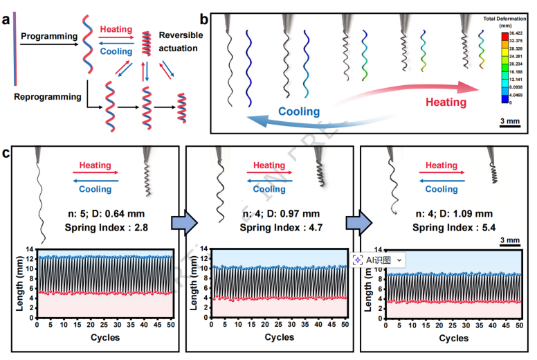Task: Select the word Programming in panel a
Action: tap(48, 34)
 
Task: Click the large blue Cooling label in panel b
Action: tap(299, 111)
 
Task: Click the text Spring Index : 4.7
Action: tap(272, 227)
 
